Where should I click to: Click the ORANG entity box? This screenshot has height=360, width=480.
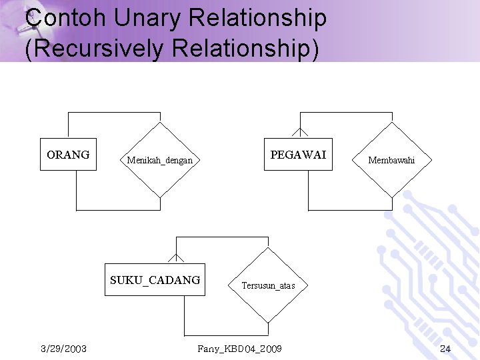tap(68, 155)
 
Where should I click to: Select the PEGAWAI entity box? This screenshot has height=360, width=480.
tap(298, 155)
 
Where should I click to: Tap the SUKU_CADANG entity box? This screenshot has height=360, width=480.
tap(155, 280)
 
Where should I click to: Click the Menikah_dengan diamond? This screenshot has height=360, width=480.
tap(160, 160)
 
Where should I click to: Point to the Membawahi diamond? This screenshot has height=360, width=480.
tap(391, 160)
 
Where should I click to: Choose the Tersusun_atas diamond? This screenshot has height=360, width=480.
tap(268, 285)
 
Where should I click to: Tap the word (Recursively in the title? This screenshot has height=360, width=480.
tap(94, 49)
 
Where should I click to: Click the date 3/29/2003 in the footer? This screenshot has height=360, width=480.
tap(63, 349)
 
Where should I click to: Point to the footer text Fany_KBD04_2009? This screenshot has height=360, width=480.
tap(240, 349)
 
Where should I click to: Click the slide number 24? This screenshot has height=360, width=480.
tap(445, 349)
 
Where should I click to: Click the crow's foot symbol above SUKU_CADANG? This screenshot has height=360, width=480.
tap(176, 257)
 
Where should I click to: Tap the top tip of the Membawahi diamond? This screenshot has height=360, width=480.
tap(391, 123)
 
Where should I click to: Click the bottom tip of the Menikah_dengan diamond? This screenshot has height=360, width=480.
tap(160, 197)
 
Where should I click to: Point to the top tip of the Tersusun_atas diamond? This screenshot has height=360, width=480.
tap(268, 248)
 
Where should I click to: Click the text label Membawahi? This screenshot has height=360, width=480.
tap(391, 160)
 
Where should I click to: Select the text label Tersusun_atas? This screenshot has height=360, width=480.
tap(268, 285)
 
